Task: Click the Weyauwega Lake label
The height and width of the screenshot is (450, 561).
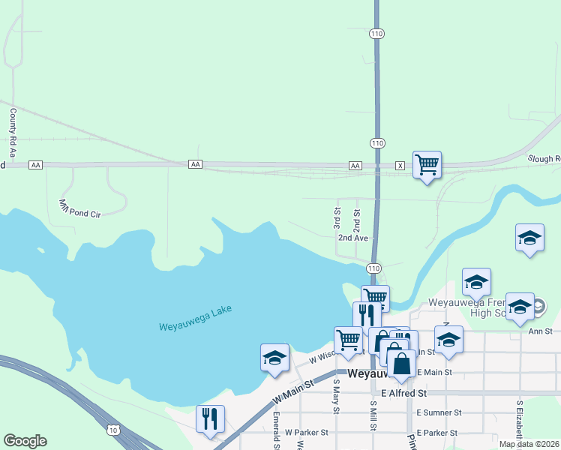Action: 195,327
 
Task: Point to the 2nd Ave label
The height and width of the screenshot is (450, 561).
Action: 352,238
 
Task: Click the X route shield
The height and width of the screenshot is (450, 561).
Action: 400,164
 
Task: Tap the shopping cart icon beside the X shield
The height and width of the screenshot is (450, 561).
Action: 427,163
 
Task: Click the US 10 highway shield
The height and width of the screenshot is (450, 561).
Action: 112,430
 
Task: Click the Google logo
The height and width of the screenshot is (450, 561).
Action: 25,441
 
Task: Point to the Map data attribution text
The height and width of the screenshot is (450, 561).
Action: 529,444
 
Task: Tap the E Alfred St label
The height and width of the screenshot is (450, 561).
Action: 403,393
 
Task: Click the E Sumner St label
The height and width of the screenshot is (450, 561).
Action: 439,412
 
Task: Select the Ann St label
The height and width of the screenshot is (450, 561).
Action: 540,331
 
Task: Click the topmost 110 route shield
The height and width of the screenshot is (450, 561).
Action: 376,34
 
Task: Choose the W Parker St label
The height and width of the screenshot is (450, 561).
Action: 307,433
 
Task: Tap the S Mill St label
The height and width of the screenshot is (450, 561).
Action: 373,414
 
